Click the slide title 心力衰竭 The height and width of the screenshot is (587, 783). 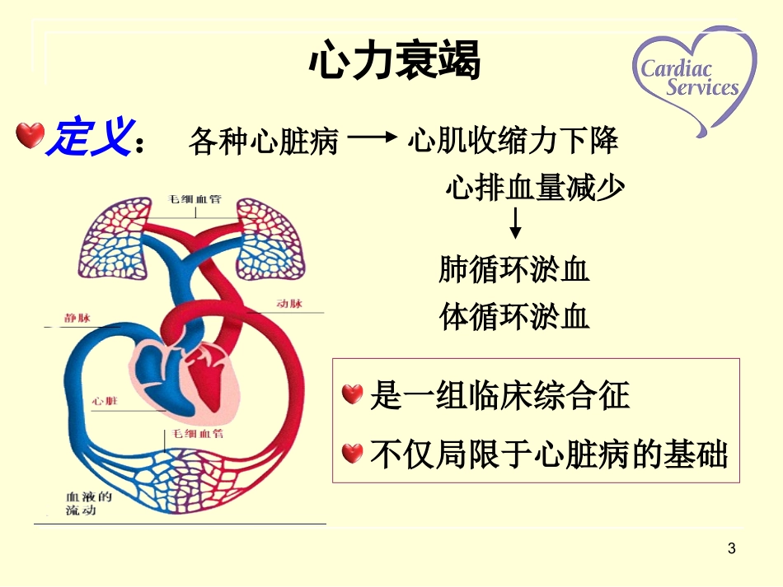point(394,62)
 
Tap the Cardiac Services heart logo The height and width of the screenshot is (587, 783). point(694,79)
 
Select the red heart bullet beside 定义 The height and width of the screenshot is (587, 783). point(30,136)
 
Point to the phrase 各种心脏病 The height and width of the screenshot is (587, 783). point(264,142)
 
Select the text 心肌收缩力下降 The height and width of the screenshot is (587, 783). point(513,142)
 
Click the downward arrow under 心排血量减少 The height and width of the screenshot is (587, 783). point(515,224)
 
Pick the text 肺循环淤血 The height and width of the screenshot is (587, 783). point(514,270)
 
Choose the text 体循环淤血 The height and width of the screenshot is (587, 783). point(514,316)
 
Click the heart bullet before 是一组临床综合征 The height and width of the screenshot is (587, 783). point(352,394)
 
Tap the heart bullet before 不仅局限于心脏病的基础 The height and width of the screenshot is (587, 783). point(352,452)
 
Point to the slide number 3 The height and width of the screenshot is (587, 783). point(731,547)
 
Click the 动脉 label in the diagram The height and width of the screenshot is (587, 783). point(289,304)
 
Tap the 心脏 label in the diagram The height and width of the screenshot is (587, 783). point(105,401)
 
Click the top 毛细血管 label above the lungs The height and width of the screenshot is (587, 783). point(195,201)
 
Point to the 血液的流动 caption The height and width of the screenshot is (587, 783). point(89,504)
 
